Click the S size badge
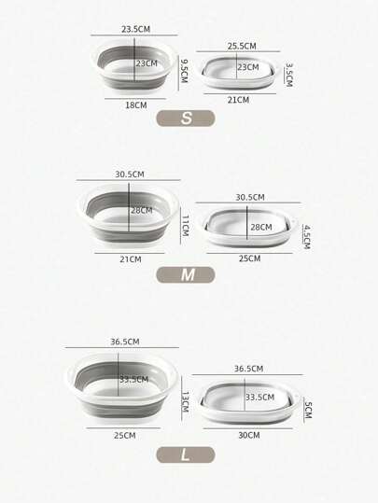(186, 118)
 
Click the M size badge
(186, 275)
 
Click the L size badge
(186, 454)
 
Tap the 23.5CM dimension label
(135, 29)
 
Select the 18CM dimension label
(136, 105)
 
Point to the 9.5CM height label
(184, 71)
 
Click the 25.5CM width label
(242, 47)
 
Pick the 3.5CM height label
(288, 75)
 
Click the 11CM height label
(185, 226)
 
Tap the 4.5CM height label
(306, 237)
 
